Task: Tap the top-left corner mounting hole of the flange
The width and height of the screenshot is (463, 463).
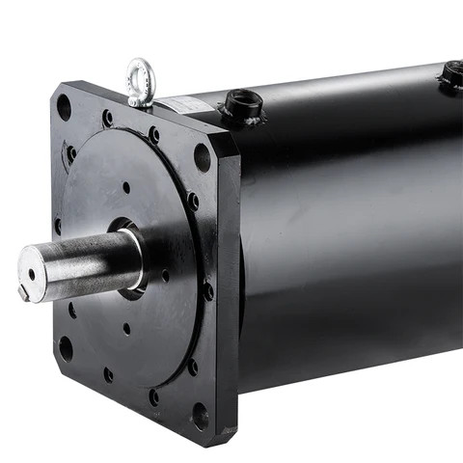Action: pyautogui.click(x=65, y=106)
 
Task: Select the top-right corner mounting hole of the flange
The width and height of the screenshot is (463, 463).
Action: pyautogui.click(x=202, y=155)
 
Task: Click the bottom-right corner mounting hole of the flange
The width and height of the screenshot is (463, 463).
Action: pyautogui.click(x=200, y=416)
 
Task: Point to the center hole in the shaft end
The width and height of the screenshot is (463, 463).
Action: pyautogui.click(x=32, y=274)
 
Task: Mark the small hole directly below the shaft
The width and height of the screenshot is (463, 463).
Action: pyautogui.click(x=126, y=328)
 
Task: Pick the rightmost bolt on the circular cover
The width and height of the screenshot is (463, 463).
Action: pyautogui.click(x=208, y=288)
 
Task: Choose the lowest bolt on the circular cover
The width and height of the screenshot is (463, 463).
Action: pyautogui.click(x=153, y=395)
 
